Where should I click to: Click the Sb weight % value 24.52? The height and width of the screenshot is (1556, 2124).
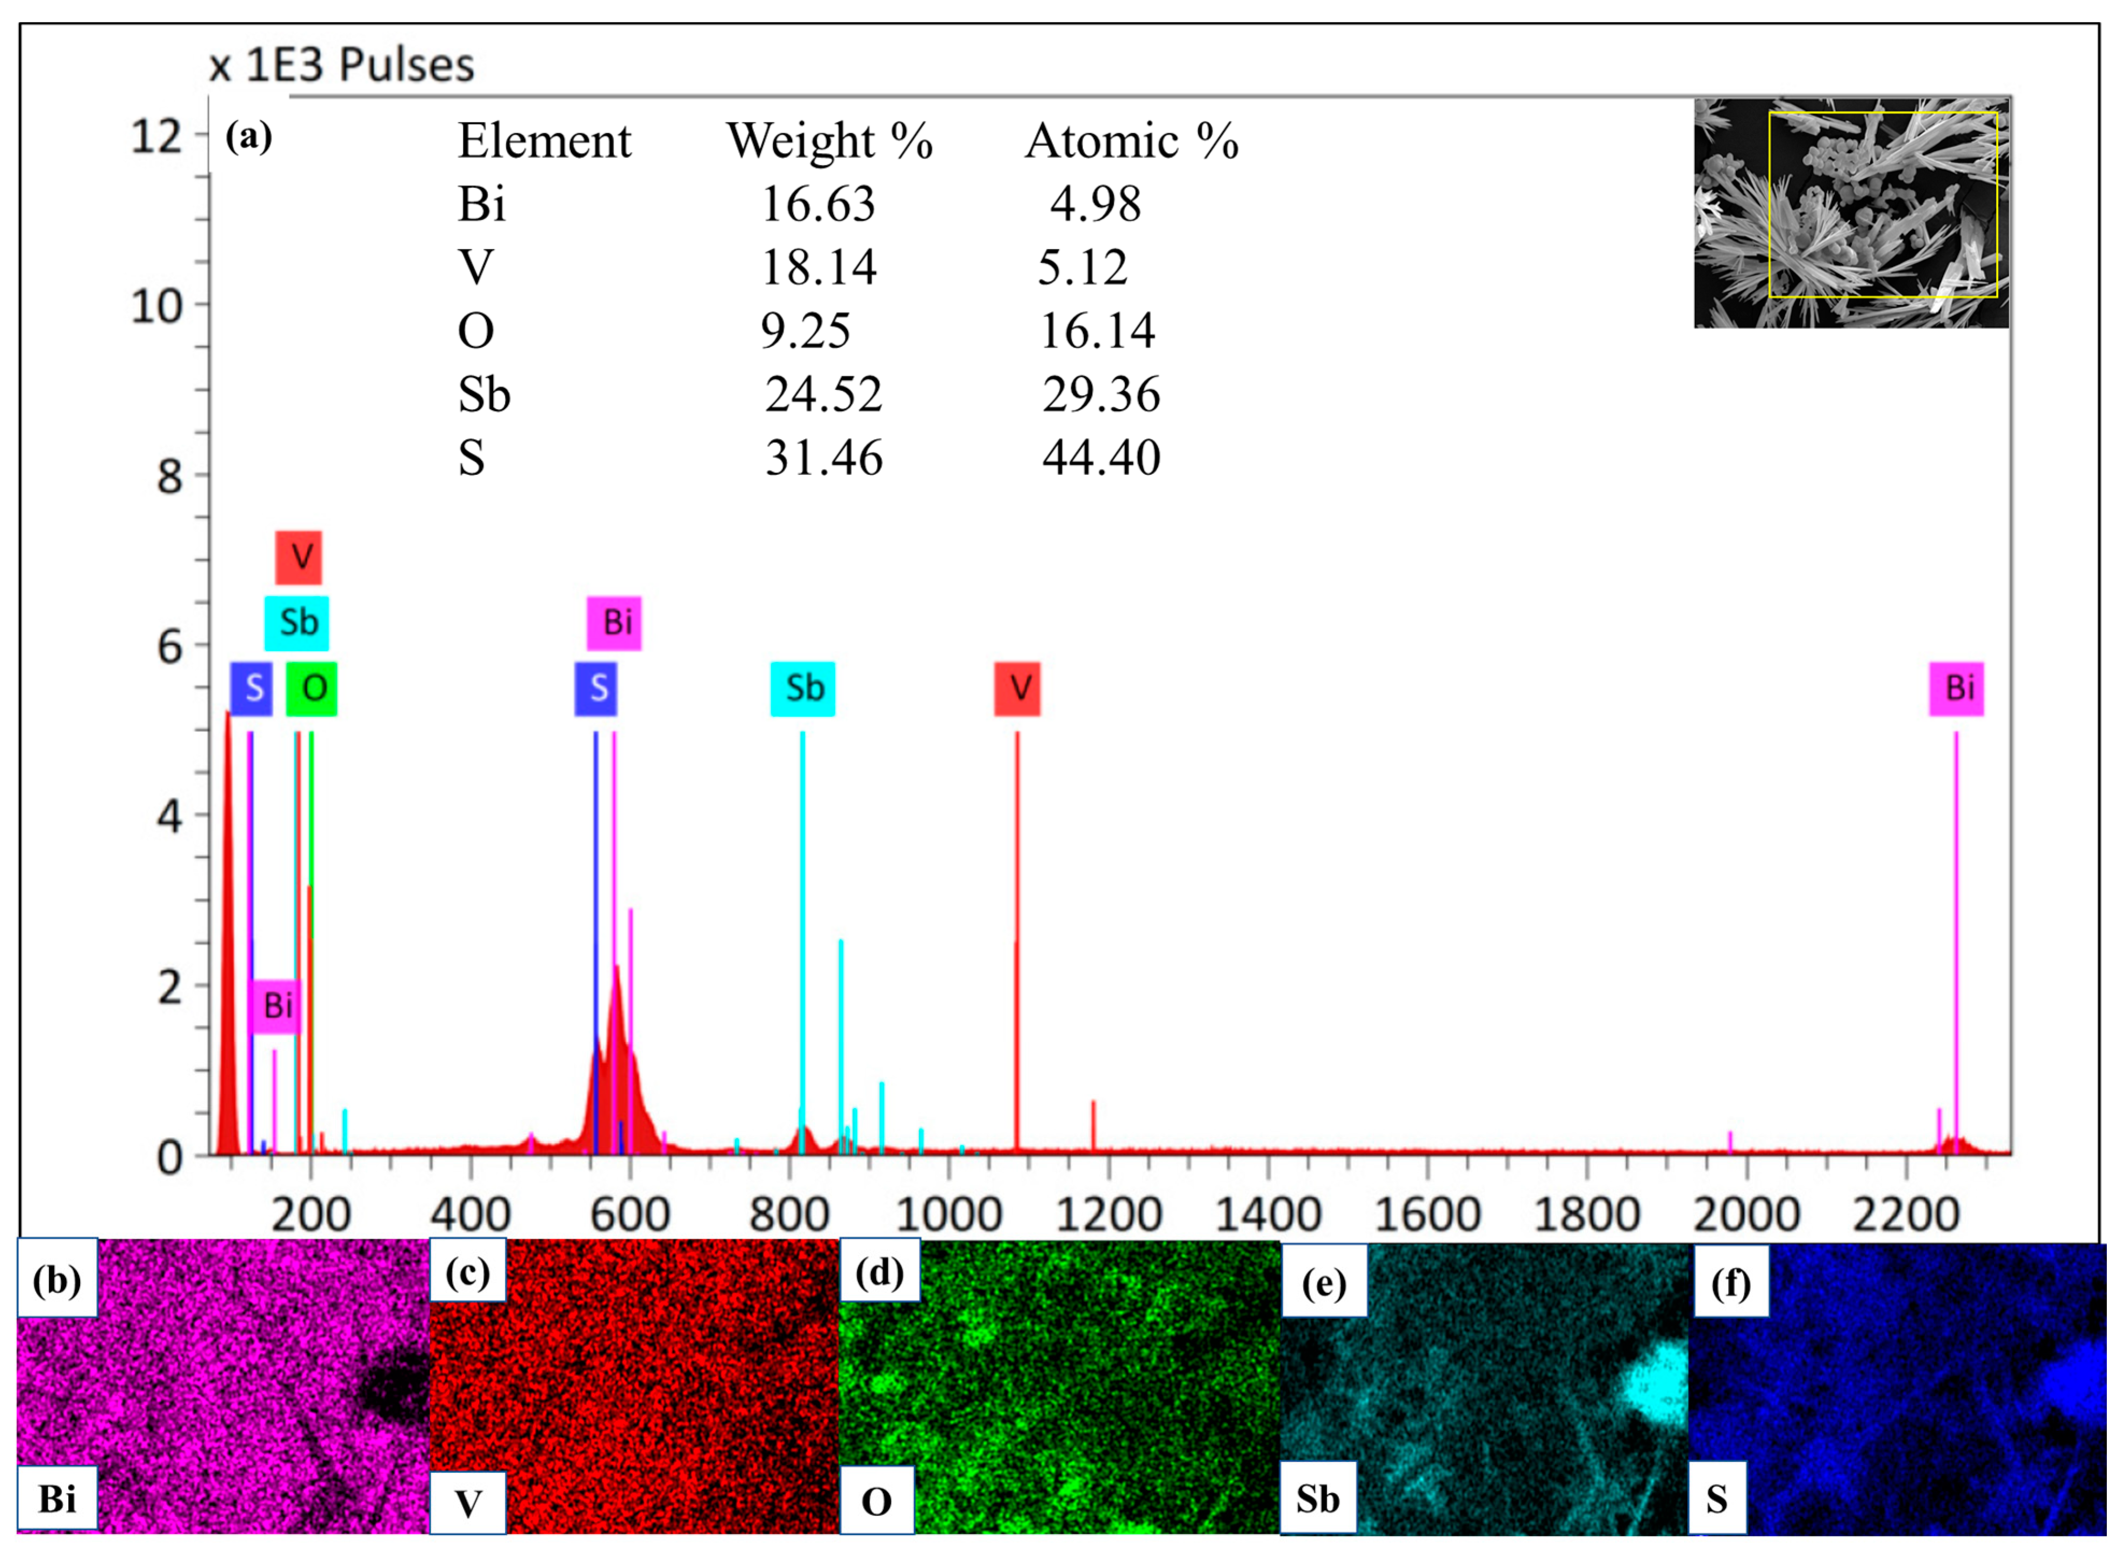[x=822, y=395]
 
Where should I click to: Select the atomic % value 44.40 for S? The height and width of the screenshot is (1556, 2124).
[x=1100, y=459]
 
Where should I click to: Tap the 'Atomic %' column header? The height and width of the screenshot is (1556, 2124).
[x=1131, y=141]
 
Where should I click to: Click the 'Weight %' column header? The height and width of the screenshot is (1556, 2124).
[x=829, y=141]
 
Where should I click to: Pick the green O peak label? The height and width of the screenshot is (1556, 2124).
[x=312, y=689]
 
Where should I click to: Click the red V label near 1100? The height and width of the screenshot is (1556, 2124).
[x=1017, y=689]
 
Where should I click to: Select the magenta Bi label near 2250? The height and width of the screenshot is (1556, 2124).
[x=1956, y=689]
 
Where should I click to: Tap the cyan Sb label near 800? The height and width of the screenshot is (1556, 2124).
[x=802, y=689]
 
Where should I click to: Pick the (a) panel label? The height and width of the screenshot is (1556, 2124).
[x=248, y=138]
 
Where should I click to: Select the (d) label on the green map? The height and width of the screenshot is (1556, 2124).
[x=879, y=1273]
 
